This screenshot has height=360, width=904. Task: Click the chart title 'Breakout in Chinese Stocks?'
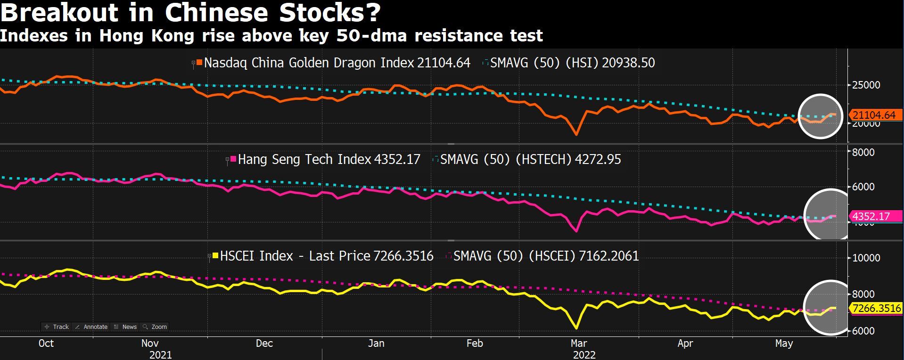(x=190, y=13)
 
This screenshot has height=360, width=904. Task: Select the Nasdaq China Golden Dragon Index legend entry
(x=337, y=63)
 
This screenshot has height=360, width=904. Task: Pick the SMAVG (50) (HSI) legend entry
(x=572, y=63)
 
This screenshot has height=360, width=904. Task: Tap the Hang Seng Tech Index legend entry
(x=329, y=159)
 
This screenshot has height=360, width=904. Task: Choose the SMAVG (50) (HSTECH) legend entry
(x=530, y=159)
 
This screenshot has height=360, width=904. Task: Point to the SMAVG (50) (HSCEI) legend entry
(x=545, y=256)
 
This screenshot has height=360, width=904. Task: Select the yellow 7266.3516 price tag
(x=877, y=308)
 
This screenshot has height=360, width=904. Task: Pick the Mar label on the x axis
(x=578, y=343)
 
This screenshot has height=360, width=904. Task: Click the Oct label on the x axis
(x=46, y=343)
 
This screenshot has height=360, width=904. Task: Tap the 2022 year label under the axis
(x=584, y=355)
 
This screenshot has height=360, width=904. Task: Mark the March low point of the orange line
(x=576, y=135)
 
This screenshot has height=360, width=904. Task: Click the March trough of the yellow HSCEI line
(x=576, y=328)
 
